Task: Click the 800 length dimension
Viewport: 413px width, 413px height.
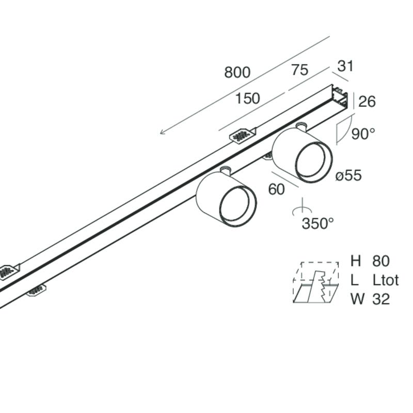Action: [x=237, y=72]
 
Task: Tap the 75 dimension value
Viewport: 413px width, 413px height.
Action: [x=299, y=70]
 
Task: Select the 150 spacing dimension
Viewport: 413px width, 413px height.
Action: [x=247, y=99]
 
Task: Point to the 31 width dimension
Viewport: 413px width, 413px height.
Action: [x=345, y=66]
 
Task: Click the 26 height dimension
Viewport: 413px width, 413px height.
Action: [x=367, y=101]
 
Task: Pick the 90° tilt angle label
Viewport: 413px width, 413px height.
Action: [x=363, y=134]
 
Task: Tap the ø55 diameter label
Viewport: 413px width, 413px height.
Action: [x=348, y=175]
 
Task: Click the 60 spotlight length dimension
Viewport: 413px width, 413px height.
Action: [x=276, y=189]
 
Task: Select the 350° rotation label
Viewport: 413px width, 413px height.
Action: [x=317, y=224]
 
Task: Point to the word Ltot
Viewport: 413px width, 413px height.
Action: [x=386, y=280]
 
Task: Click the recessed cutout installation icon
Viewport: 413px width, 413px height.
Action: [x=316, y=282]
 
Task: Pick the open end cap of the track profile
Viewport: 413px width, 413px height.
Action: [x=340, y=97]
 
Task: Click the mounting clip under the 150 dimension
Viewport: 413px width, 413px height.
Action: [x=243, y=135]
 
